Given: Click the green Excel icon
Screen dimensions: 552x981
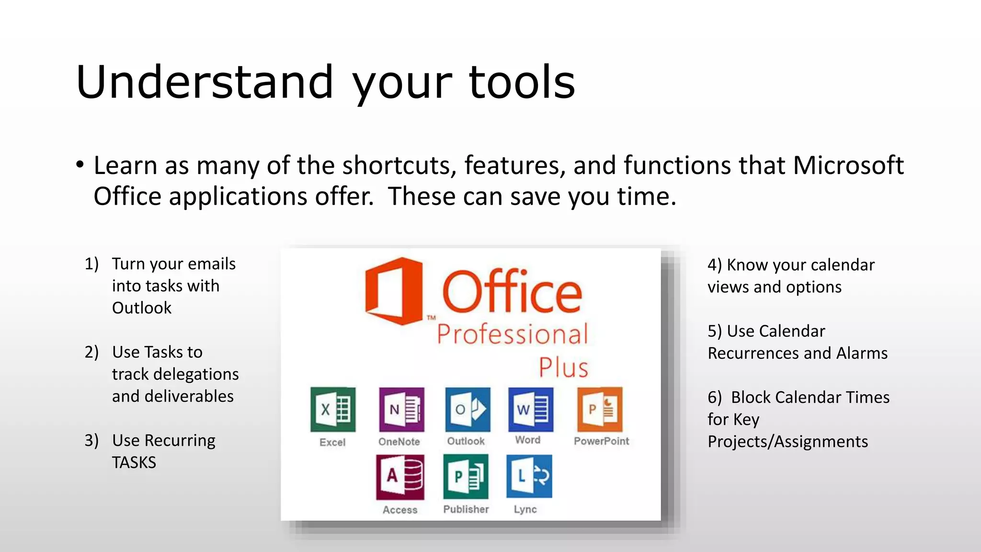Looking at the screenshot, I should (333, 410).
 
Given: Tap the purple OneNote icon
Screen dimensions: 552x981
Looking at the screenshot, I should (401, 410).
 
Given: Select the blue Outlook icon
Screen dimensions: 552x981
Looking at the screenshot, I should (468, 410).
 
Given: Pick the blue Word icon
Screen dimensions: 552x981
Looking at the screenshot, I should (531, 410).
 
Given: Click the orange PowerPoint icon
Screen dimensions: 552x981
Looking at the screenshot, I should (600, 410).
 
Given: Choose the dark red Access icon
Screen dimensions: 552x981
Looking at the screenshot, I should (400, 477).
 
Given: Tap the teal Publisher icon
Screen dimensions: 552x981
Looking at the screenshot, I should (466, 477).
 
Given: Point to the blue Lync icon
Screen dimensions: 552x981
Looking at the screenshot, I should (529, 477).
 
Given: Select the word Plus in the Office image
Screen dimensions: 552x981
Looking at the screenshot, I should (563, 368).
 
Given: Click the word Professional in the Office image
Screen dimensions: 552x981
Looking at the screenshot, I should (512, 334).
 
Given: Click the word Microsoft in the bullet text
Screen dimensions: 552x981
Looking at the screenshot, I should (848, 165).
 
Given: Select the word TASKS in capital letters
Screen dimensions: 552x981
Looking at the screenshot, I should (134, 462).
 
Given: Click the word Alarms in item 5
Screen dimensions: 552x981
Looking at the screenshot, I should (862, 353).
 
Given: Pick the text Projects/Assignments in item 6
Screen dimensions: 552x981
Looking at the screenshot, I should (787, 441).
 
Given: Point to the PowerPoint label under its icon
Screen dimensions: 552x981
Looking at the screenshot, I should (601, 441).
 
